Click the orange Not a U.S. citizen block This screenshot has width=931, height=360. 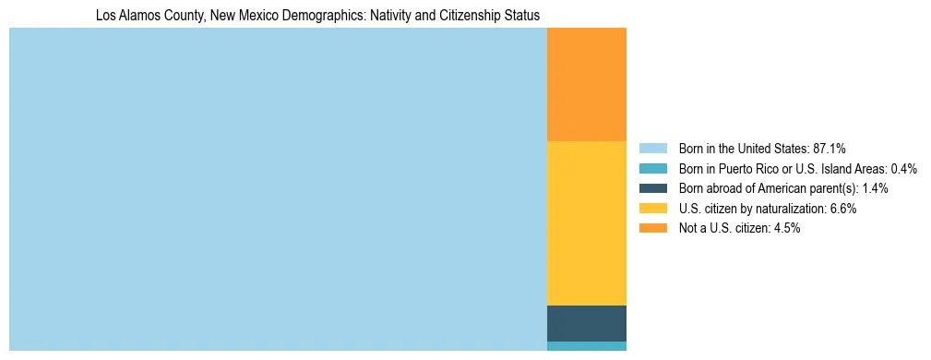tap(587, 84)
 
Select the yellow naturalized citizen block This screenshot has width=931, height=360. tap(587, 222)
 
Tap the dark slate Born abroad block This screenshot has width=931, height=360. tap(587, 323)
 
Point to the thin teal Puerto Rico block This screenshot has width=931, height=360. tap(587, 346)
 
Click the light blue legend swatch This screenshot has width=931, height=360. tap(652, 148)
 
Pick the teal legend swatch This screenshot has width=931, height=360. tap(652, 168)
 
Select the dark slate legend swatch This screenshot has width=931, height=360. tap(652, 188)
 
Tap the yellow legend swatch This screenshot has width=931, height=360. tap(652, 209)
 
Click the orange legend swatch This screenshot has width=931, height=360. tap(652, 228)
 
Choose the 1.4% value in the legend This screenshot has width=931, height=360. tap(875, 188)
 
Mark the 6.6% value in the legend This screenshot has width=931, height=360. tap(844, 209)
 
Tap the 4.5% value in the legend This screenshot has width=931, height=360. tap(787, 228)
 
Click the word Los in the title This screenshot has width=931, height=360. tap(105, 16)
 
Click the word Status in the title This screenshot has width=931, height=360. tap(522, 16)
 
